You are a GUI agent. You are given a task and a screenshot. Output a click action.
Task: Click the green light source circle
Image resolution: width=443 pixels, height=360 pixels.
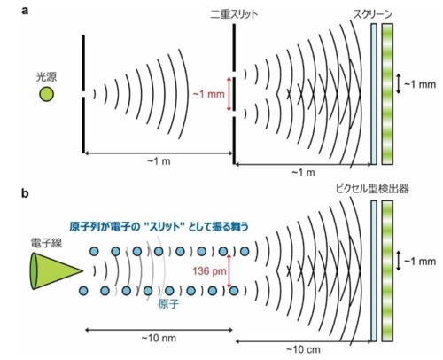pyautogui.click(x=47, y=94)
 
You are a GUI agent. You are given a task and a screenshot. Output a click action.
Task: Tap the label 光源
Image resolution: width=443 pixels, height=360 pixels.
pyautogui.click(x=46, y=77)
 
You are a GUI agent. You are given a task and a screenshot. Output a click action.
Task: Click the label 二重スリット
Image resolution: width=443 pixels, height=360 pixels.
pyautogui.click(x=234, y=14)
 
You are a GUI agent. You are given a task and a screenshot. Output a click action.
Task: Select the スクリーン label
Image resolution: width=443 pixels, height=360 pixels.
pyautogui.click(x=373, y=14)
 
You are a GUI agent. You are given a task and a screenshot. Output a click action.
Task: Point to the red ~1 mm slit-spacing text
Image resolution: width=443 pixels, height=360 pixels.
pyautogui.click(x=209, y=94)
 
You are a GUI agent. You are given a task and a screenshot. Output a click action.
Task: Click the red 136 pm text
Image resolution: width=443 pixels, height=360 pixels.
pyautogui.click(x=209, y=270)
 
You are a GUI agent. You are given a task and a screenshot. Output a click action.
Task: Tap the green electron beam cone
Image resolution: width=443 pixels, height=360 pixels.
pyautogui.click(x=56, y=270)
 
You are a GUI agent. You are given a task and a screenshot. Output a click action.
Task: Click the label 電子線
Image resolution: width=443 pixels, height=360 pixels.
pyautogui.click(x=46, y=243)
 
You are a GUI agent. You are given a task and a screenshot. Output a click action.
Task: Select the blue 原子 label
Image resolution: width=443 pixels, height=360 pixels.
pyautogui.click(x=168, y=304)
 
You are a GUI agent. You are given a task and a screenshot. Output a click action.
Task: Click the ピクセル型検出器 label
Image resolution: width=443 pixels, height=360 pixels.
pyautogui.click(x=372, y=189)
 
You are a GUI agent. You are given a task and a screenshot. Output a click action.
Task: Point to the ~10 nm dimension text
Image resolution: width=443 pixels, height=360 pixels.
pyautogui.click(x=159, y=338)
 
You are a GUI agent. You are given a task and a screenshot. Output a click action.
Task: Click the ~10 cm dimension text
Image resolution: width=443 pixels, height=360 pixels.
pyautogui.click(x=303, y=349)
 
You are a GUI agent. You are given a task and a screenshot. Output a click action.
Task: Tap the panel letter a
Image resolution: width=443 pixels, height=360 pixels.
pyautogui.click(x=25, y=12)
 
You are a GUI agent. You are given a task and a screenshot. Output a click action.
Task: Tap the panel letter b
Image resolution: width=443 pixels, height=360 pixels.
pyautogui.click(x=25, y=193)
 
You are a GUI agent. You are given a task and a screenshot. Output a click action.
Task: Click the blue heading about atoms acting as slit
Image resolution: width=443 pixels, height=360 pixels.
pyautogui.click(x=159, y=227)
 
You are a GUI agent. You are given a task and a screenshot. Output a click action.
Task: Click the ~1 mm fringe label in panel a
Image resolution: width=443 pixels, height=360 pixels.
pyautogui.click(x=420, y=84)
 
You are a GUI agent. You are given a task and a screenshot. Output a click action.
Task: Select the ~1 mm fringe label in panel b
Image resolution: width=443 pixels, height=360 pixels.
pyautogui.click(x=420, y=262)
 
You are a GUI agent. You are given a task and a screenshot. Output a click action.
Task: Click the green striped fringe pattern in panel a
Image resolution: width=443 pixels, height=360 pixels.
pyautogui.click(x=387, y=94)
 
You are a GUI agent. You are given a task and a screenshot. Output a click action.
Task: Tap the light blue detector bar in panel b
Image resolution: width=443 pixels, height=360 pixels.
pyautogui.click(x=374, y=271)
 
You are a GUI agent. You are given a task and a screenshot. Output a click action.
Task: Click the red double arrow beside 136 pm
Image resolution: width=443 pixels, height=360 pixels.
pyautogui.click(x=229, y=270)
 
